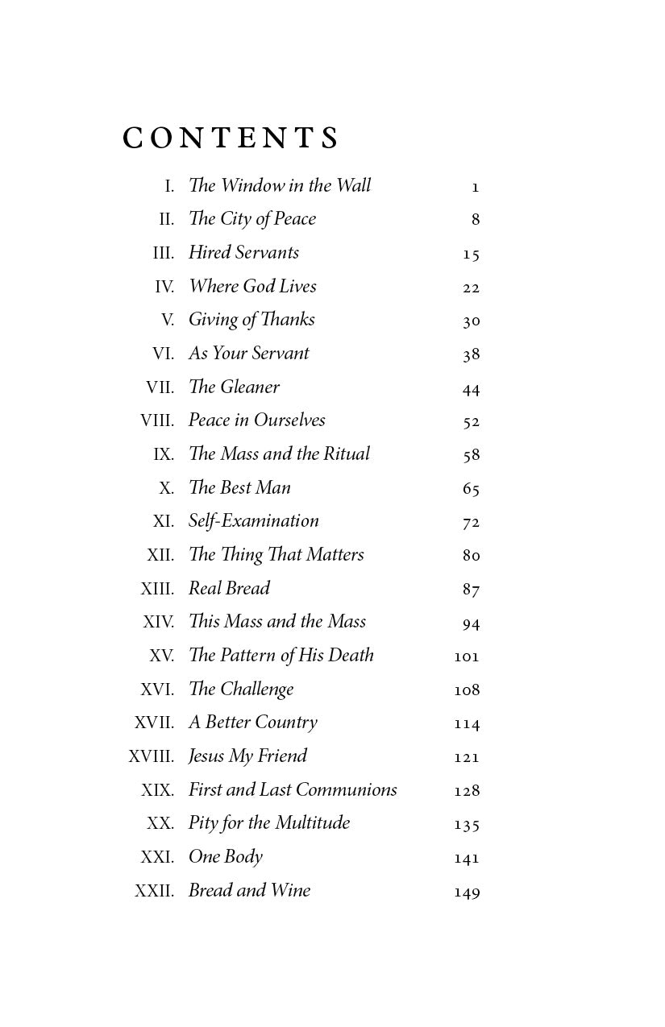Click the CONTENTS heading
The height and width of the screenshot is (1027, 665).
coord(231,139)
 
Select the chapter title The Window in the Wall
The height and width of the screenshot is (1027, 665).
coord(280,186)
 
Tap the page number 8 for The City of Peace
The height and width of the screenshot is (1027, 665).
coord(476,220)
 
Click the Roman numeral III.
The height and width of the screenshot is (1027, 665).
coord(164,253)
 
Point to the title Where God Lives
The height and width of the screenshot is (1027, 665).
coord(252,287)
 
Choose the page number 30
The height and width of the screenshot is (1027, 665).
coord(472,321)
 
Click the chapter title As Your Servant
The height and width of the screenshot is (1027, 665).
coord(248,354)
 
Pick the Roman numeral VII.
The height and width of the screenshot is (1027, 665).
coord(160,387)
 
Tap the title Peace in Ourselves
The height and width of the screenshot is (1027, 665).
coord(256,420)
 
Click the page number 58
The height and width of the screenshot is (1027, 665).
coord(472,455)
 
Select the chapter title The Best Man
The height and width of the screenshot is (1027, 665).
coord(239,488)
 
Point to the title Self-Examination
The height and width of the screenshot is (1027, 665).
coord(253,521)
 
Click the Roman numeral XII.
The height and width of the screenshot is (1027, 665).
coord(160,555)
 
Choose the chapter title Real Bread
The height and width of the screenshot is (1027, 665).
coord(229,589)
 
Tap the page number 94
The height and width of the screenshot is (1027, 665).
coord(472,623)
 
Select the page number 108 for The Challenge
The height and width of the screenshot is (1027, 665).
coord(467,690)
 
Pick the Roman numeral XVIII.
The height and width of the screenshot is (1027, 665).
coord(152,756)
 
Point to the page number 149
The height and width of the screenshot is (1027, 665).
coord(467,892)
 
